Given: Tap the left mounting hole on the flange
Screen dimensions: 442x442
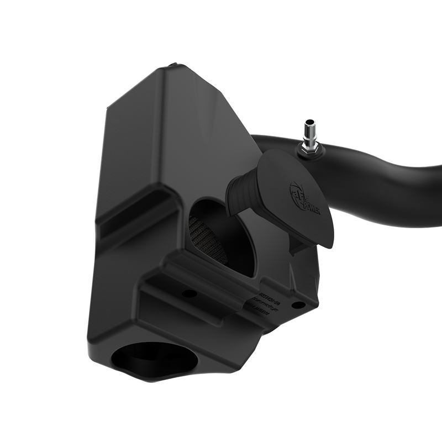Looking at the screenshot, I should click(189, 293).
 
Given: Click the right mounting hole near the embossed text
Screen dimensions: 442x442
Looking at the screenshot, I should click(298, 304).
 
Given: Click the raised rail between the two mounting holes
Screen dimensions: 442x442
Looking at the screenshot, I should click(243, 293).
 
